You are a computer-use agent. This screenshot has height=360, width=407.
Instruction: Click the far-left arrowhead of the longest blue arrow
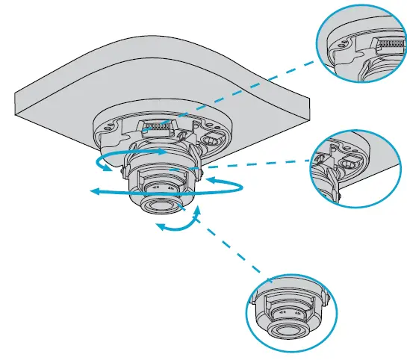coord(93,193)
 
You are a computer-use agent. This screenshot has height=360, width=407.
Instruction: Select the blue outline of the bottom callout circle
coord(249,314)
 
